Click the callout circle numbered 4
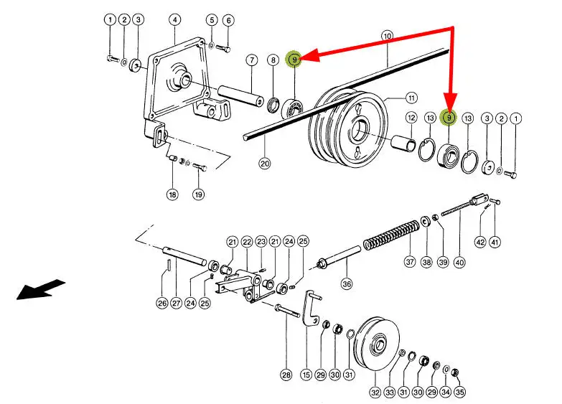tap(174, 19)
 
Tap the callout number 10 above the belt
tap(387, 35)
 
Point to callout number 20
tap(265, 163)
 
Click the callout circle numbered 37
tap(410, 262)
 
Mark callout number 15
tap(306, 374)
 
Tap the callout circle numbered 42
tap(480, 243)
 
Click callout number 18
tap(172, 194)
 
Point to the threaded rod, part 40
tap(459, 210)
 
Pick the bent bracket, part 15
tap(311, 309)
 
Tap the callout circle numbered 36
tap(347, 283)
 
